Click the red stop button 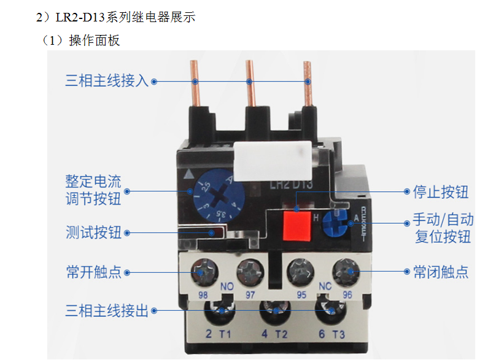[296, 225]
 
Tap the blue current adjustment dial [219, 194]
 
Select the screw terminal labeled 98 [204, 271]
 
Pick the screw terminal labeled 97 [250, 271]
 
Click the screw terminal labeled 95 [300, 271]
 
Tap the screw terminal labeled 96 [346, 271]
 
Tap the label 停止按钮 [440, 192]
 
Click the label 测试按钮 [93, 232]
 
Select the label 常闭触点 [440, 272]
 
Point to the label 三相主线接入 [107, 80]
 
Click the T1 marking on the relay [225, 334]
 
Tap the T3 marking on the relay [338, 334]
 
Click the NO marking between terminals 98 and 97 [227, 286]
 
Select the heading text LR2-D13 [80, 17]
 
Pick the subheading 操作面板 [95, 40]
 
